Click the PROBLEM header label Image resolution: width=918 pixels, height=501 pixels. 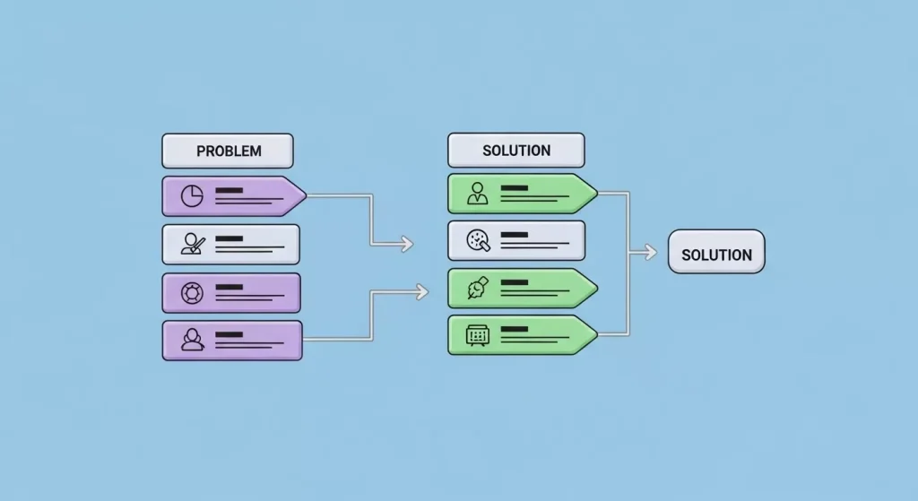tap(228, 151)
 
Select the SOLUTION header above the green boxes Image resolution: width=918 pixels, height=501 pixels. tap(515, 150)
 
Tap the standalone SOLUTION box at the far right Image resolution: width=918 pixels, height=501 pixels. tap(716, 255)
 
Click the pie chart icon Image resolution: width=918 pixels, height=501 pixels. tap(192, 196)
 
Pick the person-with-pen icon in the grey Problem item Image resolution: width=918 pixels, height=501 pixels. tap(192, 244)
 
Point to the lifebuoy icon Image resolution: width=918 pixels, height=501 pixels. tap(192, 292)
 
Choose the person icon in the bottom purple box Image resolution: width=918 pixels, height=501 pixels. tap(192, 340)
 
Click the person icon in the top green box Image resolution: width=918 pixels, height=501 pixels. tap(478, 194)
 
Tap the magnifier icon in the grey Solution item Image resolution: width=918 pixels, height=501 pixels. tap(478, 240)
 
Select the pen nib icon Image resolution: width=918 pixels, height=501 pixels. tap(478, 288)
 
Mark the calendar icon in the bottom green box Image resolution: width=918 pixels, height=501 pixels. tap(478, 335)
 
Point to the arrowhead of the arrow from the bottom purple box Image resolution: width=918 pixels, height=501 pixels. tap(423, 289)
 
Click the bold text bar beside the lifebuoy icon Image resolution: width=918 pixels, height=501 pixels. tap(229, 287)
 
